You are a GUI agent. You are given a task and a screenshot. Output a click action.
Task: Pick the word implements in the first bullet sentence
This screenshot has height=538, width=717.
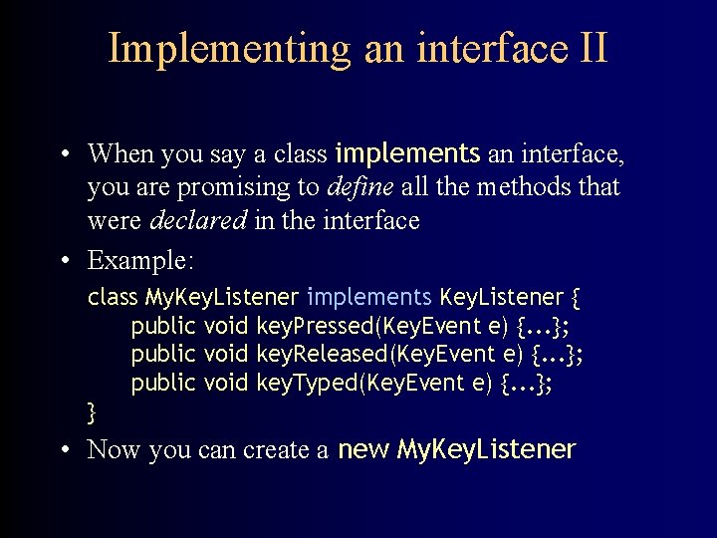pyautogui.click(x=407, y=153)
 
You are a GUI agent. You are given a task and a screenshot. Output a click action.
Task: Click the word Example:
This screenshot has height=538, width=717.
pyautogui.click(x=140, y=261)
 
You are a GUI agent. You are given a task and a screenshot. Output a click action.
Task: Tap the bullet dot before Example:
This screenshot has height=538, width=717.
pyautogui.click(x=63, y=261)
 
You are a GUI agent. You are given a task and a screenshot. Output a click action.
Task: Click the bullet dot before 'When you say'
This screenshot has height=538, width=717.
pyautogui.click(x=63, y=154)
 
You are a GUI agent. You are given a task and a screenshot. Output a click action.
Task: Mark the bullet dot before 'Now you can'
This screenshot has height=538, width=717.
pyautogui.click(x=63, y=450)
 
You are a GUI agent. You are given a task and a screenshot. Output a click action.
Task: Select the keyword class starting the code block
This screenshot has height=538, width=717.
pyautogui.click(x=113, y=297)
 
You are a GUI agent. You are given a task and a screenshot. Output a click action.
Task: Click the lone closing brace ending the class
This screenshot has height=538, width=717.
pyautogui.click(x=92, y=410)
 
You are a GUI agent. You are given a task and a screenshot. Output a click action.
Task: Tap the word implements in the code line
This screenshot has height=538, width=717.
pyautogui.click(x=368, y=297)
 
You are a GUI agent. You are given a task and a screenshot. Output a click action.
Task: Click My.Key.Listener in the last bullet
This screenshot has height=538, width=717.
pyautogui.click(x=486, y=450)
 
